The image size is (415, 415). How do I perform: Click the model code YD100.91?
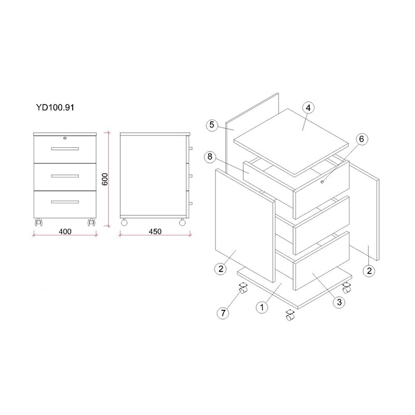click(55, 107)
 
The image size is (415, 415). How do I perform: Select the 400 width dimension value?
click(65, 231)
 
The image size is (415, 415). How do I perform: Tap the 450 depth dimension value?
click(155, 231)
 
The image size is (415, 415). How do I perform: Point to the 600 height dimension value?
click(105, 179)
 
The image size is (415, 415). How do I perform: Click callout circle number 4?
click(308, 108)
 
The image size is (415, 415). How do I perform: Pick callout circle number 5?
click(212, 125)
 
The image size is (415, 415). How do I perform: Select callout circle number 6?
click(362, 139)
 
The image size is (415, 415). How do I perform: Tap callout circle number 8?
click(210, 157)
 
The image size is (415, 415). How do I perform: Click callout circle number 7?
click(223, 313)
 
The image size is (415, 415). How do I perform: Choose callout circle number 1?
click(262, 308)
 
